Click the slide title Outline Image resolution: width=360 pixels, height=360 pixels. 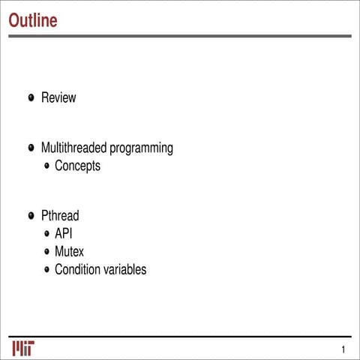[32, 20]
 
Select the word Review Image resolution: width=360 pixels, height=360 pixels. [58, 97]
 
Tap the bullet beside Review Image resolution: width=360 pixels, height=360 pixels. [31, 97]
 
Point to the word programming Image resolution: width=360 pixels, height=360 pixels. [142, 148]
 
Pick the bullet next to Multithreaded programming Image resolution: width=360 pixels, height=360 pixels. [31, 148]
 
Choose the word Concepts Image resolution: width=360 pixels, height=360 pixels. [77, 166]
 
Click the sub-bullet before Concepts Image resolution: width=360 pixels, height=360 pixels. [46, 166]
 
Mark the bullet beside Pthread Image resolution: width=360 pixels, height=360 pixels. [31, 216]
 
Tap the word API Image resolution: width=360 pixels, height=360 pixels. [64, 234]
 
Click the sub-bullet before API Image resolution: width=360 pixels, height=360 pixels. [46, 234]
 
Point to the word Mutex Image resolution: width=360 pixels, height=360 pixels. [70, 251]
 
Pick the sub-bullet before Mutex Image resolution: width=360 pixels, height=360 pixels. [46, 251]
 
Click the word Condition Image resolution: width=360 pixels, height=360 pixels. [79, 269]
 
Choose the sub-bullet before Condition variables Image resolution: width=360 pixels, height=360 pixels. [46, 269]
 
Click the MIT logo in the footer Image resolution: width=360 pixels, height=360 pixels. [22, 349]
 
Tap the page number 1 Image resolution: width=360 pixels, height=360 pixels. [343, 349]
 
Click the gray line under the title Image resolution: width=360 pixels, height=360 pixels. [180, 35]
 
